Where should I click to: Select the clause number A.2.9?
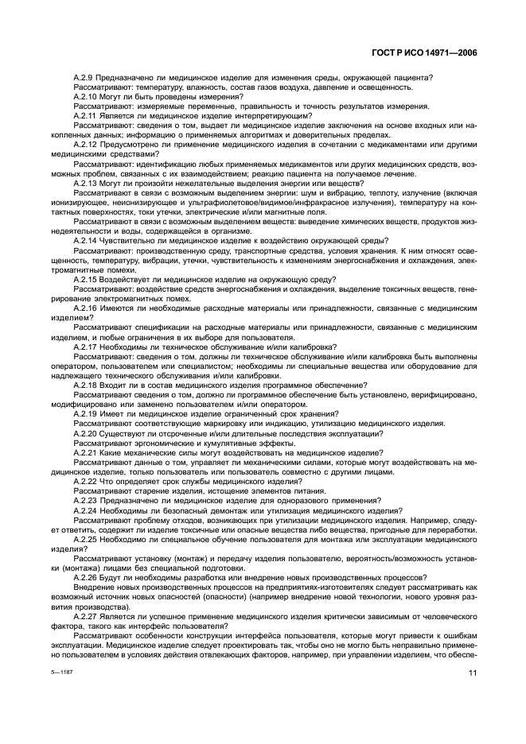[x=84, y=77]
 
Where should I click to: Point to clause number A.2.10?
[x=86, y=96]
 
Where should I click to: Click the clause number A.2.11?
[x=86, y=115]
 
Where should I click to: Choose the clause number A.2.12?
[x=86, y=144]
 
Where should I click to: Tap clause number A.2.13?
[x=86, y=182]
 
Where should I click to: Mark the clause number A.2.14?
[x=86, y=240]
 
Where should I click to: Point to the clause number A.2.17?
[x=86, y=346]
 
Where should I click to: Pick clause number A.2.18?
[x=86, y=384]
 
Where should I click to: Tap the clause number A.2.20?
[x=86, y=432]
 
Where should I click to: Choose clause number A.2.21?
[x=86, y=451]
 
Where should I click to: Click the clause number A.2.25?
[x=86, y=538]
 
